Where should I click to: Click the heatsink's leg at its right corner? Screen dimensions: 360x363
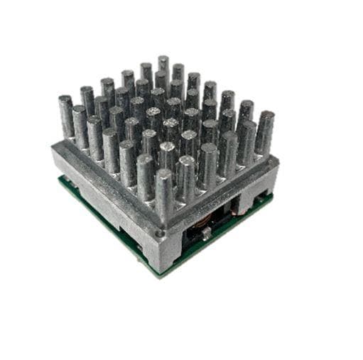coord(269,187)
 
